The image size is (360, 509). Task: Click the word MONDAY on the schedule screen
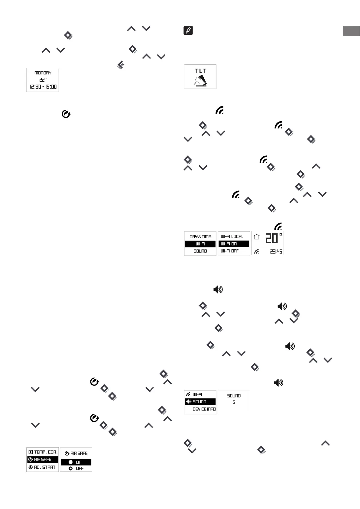coord(43,73)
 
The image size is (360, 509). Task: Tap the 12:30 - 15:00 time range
coord(43,87)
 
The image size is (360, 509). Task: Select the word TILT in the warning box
coord(200,71)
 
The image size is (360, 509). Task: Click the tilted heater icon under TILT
coord(200,81)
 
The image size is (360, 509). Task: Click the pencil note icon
coord(188,31)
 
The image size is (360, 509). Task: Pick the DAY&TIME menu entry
coord(200,237)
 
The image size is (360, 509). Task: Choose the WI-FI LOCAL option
coord(232,236)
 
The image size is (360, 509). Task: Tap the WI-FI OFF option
coord(230,251)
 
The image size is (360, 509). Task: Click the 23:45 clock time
coord(276,251)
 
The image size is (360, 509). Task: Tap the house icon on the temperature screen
coord(257,237)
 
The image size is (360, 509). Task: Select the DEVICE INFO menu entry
coord(204,409)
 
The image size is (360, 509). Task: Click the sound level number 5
coord(234,402)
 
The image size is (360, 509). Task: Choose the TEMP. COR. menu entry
coord(46,452)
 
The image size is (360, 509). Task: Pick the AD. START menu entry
coord(44,467)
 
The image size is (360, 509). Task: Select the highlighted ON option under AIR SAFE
coord(76,462)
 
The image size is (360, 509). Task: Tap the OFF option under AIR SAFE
coord(76,468)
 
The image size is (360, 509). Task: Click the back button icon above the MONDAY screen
coord(120,65)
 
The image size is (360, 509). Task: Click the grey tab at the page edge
coord(351,31)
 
